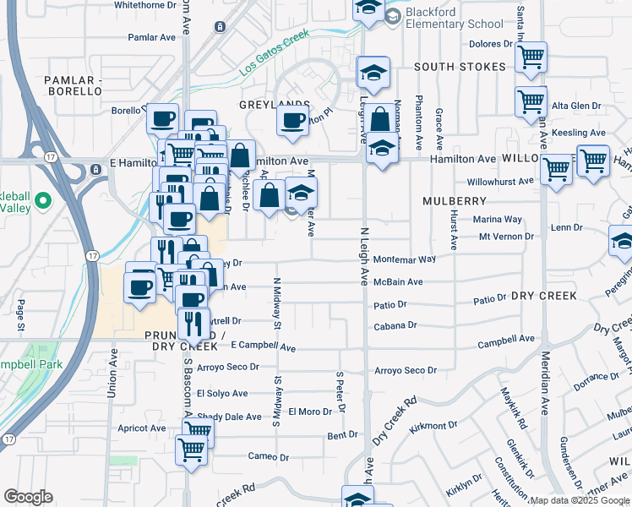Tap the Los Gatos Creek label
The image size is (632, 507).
click(x=274, y=54)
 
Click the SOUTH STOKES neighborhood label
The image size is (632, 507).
click(x=460, y=67)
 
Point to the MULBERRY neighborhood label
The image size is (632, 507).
click(x=455, y=201)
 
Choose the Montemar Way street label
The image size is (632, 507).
click(x=404, y=259)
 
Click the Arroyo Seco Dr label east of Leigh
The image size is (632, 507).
click(x=406, y=370)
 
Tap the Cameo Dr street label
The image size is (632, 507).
click(x=269, y=457)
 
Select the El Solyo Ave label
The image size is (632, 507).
click(x=222, y=394)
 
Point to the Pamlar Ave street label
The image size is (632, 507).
click(x=150, y=37)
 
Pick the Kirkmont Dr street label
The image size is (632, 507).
click(x=433, y=428)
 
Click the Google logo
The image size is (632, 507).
click(x=28, y=497)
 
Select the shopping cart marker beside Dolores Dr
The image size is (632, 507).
click(x=531, y=57)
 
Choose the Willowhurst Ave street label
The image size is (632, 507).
click(x=501, y=182)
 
